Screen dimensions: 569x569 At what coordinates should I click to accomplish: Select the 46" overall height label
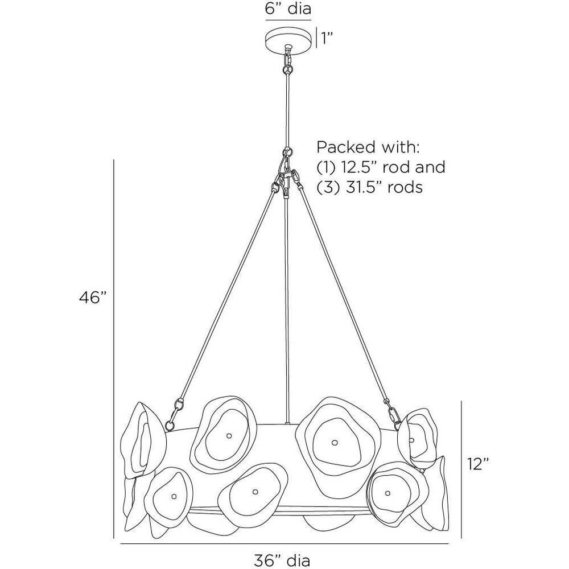pyautogui.click(x=93, y=298)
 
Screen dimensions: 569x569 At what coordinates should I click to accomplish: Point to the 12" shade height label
pyautogui.click(x=478, y=464)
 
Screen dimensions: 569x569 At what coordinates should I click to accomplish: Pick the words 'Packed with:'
pyautogui.click(x=368, y=148)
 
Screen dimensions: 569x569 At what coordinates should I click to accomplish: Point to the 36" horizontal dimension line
pyautogui.click(x=284, y=544)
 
